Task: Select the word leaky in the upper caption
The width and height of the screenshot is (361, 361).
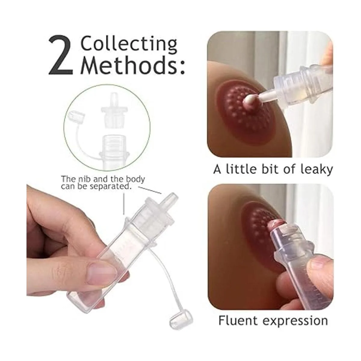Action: point(316,170)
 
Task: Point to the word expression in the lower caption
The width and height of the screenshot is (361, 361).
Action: point(295,306)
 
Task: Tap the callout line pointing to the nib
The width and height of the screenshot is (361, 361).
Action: point(150,190)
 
